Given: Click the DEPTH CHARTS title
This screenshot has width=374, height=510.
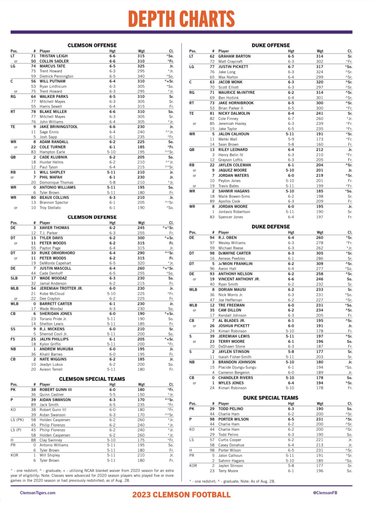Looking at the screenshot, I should [x=181, y=19].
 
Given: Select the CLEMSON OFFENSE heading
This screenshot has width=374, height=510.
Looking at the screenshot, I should [x=92, y=46].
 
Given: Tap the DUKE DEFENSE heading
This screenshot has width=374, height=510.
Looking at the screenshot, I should [x=270, y=227].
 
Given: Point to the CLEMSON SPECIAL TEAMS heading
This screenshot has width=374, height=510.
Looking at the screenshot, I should [x=92, y=379].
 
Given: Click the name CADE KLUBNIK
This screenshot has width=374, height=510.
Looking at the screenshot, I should [x=53, y=157].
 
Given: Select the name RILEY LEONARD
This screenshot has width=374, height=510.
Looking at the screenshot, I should [x=233, y=150].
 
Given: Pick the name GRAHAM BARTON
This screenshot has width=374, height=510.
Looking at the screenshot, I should [x=234, y=56].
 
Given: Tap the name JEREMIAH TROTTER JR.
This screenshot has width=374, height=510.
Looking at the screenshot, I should [x=61, y=288].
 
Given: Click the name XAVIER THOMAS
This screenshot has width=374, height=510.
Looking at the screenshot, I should [x=54, y=228].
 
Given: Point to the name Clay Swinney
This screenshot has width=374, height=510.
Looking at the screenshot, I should [x=51, y=440].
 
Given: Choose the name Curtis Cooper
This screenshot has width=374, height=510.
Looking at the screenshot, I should [x=230, y=440].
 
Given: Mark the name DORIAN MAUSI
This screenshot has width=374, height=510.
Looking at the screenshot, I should [x=232, y=290].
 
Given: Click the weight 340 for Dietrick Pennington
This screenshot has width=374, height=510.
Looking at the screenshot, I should [x=141, y=76].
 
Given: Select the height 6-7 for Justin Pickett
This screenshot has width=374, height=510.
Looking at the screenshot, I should [x=291, y=67].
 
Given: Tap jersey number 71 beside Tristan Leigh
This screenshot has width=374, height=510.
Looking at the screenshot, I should [x=33, y=56].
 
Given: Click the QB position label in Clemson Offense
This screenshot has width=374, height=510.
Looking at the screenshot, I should [x=13, y=157].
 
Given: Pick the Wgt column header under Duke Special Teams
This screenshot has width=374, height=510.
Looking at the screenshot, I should [x=320, y=404].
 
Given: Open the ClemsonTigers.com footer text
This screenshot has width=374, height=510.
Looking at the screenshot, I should [x=38, y=493].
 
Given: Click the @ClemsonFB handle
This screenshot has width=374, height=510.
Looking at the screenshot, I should [x=325, y=493].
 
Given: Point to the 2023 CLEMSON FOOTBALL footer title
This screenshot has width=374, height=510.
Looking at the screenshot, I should [x=181, y=495].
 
